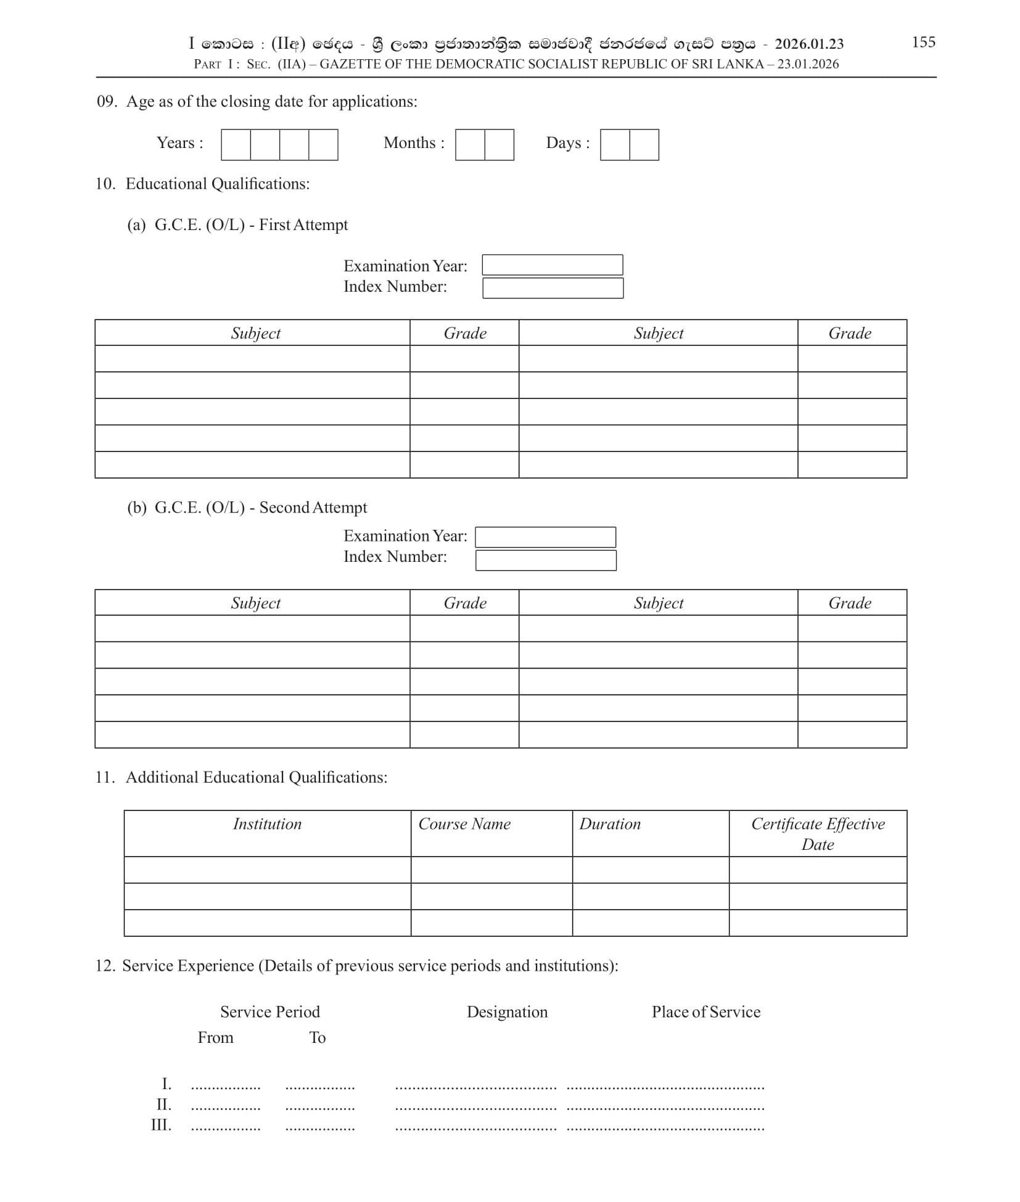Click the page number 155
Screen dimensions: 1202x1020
923,42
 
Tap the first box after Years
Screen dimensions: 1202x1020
236,145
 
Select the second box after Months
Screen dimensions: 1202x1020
499,145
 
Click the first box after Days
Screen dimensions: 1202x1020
615,145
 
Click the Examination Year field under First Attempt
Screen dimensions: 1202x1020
552,265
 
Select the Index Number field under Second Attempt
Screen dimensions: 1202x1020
546,560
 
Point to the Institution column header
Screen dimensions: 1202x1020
267,824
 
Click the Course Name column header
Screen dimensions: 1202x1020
464,824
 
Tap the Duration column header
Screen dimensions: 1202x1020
610,824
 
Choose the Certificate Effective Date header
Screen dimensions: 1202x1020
818,834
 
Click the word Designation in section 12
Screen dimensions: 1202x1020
507,1012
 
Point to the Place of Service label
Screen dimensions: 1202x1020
706,1012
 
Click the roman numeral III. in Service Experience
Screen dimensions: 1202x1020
161,1125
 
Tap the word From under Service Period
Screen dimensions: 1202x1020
215,1038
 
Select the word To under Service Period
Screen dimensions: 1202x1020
317,1038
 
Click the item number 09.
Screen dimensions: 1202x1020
106,102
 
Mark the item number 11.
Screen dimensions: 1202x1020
105,777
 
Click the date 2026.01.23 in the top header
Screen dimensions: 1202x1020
809,44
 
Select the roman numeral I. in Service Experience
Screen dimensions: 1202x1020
167,1084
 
